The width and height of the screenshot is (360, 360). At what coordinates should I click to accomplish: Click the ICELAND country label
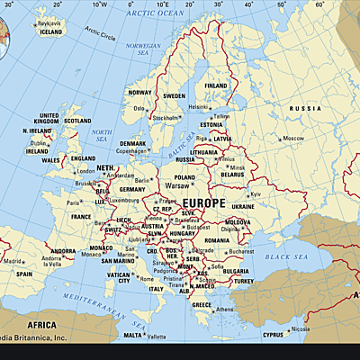[x=51, y=31]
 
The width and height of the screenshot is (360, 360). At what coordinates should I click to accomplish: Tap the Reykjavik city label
[x=50, y=22]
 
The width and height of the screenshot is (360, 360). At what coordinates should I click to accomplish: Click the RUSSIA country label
[x=298, y=108]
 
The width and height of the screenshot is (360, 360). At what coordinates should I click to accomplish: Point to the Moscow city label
[x=293, y=138]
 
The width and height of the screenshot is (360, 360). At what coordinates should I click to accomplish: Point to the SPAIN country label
[x=24, y=274]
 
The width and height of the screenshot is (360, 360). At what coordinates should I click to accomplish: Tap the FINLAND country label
[x=217, y=85]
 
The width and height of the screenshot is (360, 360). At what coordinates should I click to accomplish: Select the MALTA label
[x=132, y=335]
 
